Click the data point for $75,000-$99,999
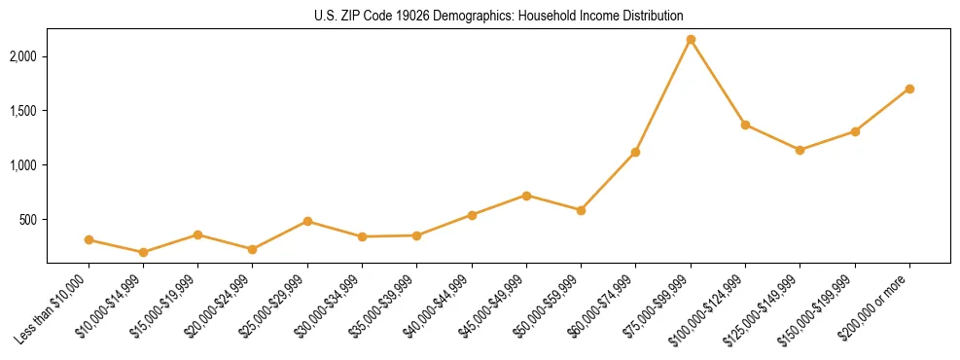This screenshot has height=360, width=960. (691, 40)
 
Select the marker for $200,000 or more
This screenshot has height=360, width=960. (909, 89)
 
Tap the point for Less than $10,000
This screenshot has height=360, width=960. (89, 239)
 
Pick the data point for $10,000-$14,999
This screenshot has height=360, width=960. (143, 252)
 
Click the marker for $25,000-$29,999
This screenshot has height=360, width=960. (307, 221)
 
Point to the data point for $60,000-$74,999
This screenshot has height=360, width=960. (635, 152)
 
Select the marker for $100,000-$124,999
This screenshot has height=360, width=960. (745, 125)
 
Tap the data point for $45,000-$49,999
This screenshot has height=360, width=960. (526, 196)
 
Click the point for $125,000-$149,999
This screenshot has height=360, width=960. (800, 150)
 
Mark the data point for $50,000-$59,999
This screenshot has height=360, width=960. (581, 210)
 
